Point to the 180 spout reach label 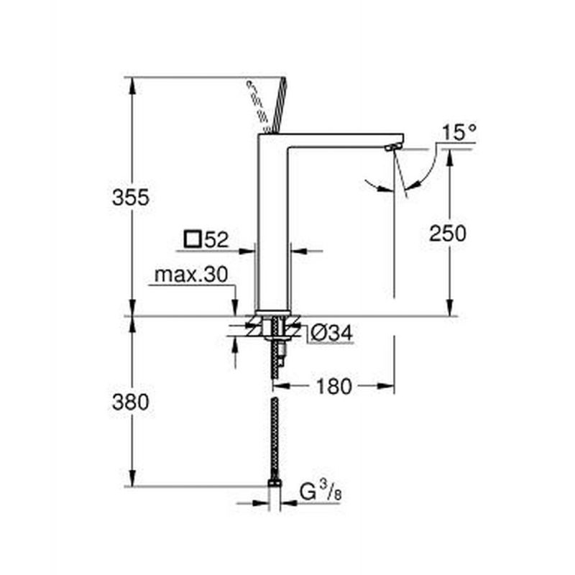(333, 387)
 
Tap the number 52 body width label (215, 239)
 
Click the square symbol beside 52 (192, 239)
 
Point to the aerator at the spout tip (390, 147)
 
